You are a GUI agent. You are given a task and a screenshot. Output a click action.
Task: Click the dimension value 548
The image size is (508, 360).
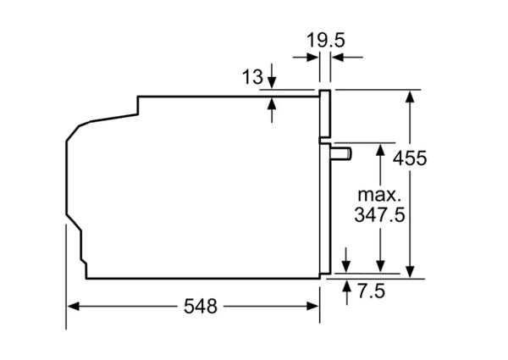tap(197, 306)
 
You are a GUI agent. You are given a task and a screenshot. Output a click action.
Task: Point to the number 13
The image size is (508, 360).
tap(251, 77)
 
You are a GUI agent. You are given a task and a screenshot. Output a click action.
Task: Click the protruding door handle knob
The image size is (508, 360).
tap(342, 152)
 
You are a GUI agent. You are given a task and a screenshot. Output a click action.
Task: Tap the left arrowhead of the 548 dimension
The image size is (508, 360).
tap(73, 306)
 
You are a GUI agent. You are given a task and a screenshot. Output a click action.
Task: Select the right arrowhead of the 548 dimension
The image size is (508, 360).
tap(312, 306)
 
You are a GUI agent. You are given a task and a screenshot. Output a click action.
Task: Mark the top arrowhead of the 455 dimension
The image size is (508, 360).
tap(410, 96)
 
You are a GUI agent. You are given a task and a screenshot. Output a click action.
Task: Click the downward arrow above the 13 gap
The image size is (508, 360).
tap(272, 82)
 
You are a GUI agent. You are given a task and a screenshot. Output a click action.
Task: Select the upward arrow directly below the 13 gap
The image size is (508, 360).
tap(272, 104)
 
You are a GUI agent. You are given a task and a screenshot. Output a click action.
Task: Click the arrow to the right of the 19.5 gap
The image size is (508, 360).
tap(336, 58)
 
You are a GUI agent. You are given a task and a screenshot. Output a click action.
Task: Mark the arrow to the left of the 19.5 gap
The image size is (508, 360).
tap(312, 58)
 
